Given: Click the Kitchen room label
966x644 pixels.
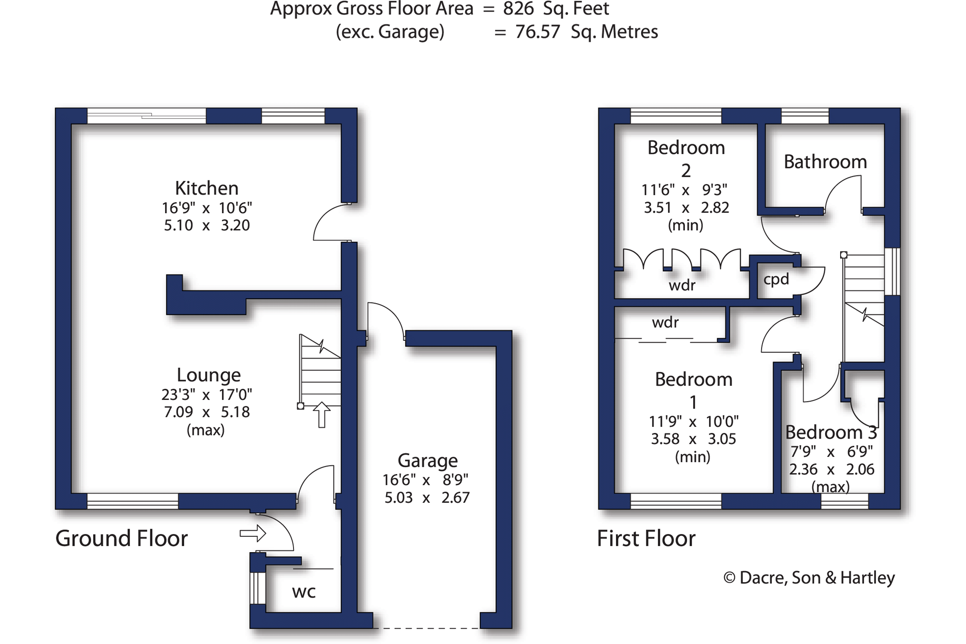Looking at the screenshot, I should click(x=207, y=188).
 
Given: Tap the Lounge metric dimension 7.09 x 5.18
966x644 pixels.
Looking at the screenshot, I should click(x=207, y=412).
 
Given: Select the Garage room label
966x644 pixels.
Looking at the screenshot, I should click(x=428, y=460).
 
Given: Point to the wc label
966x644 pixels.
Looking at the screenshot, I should click(x=304, y=591).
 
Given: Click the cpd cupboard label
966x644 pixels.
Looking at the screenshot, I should click(x=776, y=279).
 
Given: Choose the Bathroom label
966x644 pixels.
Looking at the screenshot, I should click(x=825, y=162).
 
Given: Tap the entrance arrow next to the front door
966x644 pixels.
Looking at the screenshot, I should click(x=253, y=533).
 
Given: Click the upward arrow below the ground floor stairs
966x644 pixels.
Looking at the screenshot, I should click(x=322, y=414).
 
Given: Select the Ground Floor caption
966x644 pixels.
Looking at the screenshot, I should click(x=121, y=539).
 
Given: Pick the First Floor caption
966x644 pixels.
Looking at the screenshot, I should click(x=646, y=539).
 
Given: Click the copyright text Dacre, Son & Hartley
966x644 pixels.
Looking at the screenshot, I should click(x=809, y=578).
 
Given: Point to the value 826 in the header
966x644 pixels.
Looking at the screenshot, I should click(x=518, y=9).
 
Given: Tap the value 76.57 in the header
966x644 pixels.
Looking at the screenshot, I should click(x=538, y=32).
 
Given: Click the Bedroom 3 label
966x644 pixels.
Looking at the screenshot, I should click(x=831, y=432).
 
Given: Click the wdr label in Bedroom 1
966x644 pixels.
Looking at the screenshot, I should click(x=665, y=322).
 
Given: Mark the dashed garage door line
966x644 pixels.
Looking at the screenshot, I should click(x=426, y=628).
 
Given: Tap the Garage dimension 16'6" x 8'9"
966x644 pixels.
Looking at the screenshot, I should click(x=425, y=480).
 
